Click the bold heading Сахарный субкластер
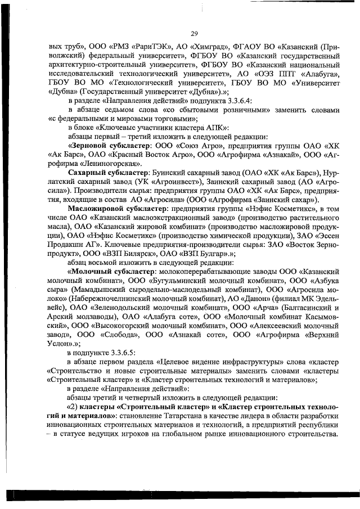pyautogui.click(x=107, y=172)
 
